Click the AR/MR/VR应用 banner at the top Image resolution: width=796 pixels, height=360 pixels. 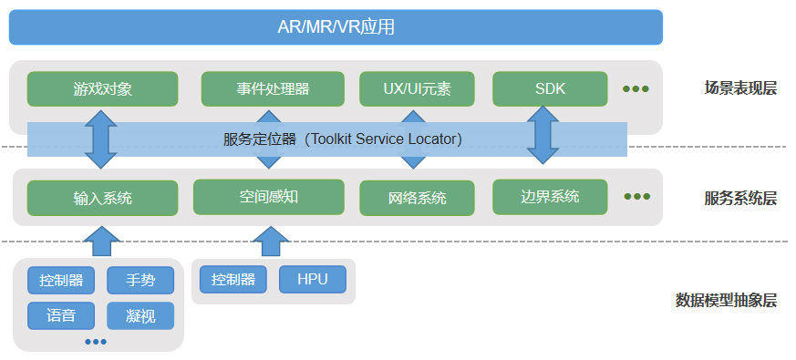coord(336,26)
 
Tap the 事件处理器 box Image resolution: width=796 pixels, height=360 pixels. coord(273,89)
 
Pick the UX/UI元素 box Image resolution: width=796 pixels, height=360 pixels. coord(417,89)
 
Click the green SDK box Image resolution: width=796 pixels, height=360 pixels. coord(550,89)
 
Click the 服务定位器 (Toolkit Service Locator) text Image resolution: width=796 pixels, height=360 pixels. coord(343,139)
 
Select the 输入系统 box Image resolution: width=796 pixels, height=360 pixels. coord(102,198)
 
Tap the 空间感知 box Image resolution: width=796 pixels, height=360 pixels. coord(269,197)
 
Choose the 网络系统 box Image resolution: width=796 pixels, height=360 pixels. coord(417,198)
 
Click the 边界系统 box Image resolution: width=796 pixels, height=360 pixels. coord(550,197)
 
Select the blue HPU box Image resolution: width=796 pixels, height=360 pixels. coord(313,280)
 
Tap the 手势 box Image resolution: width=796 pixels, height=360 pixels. coord(140,281)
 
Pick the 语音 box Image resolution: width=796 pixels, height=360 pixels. coord(61,315)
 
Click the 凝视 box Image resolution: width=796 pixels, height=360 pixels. coord(140,315)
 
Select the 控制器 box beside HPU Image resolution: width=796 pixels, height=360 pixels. coord(233,280)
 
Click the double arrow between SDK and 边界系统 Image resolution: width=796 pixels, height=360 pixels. coord(544,136)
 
